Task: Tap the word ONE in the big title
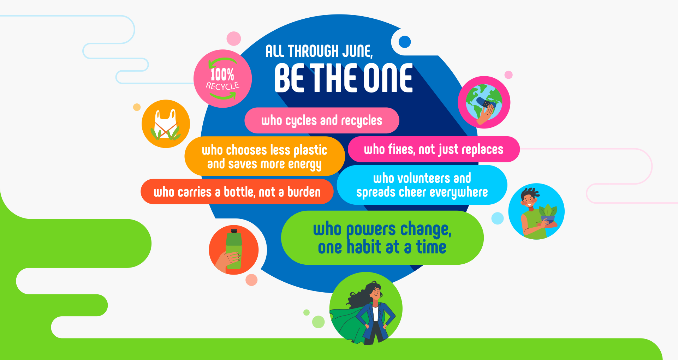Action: [388, 78]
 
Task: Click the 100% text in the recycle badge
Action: [222, 74]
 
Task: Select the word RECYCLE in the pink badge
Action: [222, 86]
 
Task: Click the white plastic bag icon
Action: [166, 124]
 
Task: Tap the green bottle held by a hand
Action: [234, 249]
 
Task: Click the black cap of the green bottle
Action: [234, 231]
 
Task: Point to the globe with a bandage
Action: [484, 102]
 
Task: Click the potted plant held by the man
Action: [548, 214]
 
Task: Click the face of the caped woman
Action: [376, 293]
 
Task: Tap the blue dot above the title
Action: [405, 42]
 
